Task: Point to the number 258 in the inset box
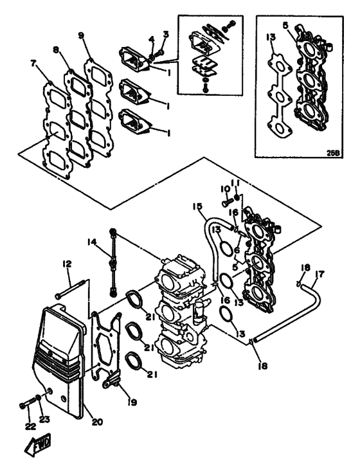[333, 153]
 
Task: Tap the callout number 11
[237, 182]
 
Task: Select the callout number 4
[152, 40]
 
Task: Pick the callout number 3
[165, 33]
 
